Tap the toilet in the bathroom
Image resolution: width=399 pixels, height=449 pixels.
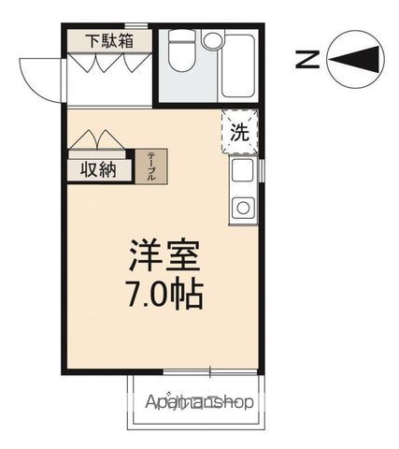182,56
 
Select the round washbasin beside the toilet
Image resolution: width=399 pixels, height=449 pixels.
214,41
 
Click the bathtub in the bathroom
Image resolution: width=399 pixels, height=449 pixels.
240,65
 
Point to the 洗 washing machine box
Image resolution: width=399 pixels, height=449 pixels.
239,132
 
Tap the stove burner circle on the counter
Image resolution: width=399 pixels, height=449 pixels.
241,207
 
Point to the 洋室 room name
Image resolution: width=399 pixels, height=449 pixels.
164,256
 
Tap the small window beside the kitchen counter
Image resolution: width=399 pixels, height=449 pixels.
263,173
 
